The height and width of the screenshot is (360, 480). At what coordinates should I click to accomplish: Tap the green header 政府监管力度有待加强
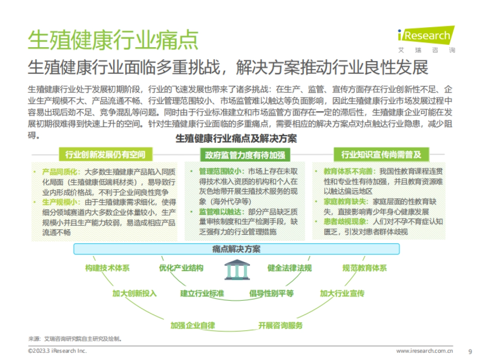(245, 154)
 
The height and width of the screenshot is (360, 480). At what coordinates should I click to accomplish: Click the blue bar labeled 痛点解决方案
(236, 249)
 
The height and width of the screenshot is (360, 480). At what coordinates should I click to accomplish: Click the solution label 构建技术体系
(107, 268)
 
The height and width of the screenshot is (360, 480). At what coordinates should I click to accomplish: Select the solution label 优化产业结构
(181, 268)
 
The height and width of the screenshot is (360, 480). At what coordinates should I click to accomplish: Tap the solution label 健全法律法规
(289, 268)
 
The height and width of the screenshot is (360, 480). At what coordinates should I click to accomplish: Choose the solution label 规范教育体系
(364, 268)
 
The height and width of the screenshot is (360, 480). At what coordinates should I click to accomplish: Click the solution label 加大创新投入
(134, 293)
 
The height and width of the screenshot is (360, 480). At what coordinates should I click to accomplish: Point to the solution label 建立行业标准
(202, 293)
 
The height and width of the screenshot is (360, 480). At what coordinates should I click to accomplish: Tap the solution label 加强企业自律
(192, 325)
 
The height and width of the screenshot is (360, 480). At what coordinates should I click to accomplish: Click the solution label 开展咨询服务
(280, 325)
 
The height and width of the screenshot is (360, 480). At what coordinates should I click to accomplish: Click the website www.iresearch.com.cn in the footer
(424, 351)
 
